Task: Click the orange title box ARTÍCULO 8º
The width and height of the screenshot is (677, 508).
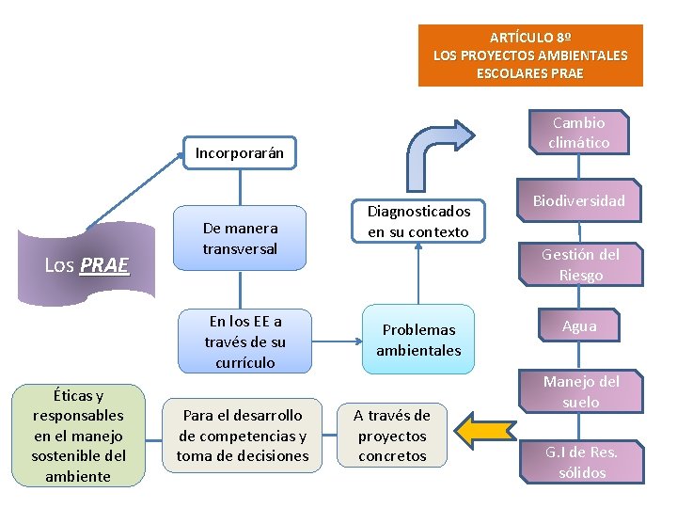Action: (x=530, y=55)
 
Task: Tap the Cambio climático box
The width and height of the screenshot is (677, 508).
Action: (x=579, y=133)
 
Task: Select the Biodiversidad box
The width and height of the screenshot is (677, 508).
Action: (x=579, y=200)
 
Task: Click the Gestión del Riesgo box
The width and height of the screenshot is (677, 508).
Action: (x=580, y=264)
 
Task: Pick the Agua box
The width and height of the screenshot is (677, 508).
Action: (x=579, y=325)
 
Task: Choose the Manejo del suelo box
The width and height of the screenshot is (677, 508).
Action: (x=581, y=392)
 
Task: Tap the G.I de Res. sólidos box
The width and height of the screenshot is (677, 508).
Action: (x=582, y=462)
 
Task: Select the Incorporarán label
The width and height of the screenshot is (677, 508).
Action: (x=239, y=152)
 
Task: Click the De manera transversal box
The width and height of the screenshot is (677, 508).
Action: (x=241, y=238)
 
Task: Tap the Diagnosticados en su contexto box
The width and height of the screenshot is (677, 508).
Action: (x=418, y=222)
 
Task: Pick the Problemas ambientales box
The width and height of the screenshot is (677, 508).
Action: (x=418, y=340)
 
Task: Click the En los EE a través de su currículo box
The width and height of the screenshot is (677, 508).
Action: (x=244, y=341)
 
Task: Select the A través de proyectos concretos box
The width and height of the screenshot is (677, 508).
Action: (x=392, y=436)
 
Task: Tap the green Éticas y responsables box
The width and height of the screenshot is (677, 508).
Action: (x=78, y=436)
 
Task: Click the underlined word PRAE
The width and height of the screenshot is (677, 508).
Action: (x=103, y=265)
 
